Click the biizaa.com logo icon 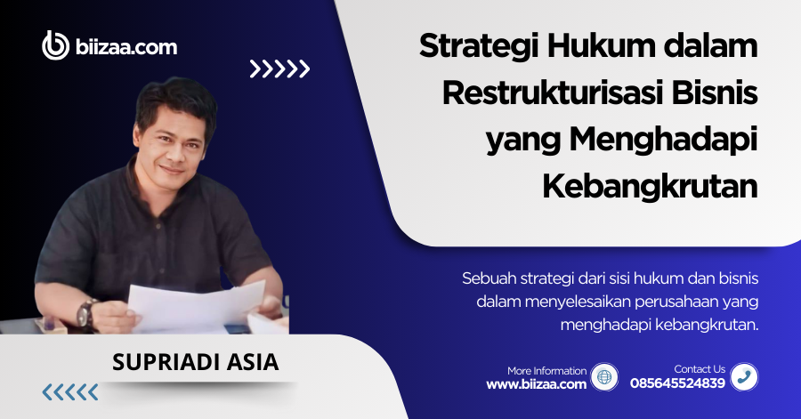(56, 45)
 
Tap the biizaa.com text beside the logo (126, 46)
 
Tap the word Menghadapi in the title (666, 140)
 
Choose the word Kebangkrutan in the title (649, 186)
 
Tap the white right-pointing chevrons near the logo (279, 68)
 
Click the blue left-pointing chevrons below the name (70, 392)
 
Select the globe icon (604, 377)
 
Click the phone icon (744, 377)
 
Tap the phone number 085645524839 (677, 384)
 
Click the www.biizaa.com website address (536, 384)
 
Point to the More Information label (546, 370)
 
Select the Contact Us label (700, 369)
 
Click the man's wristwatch (86, 312)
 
